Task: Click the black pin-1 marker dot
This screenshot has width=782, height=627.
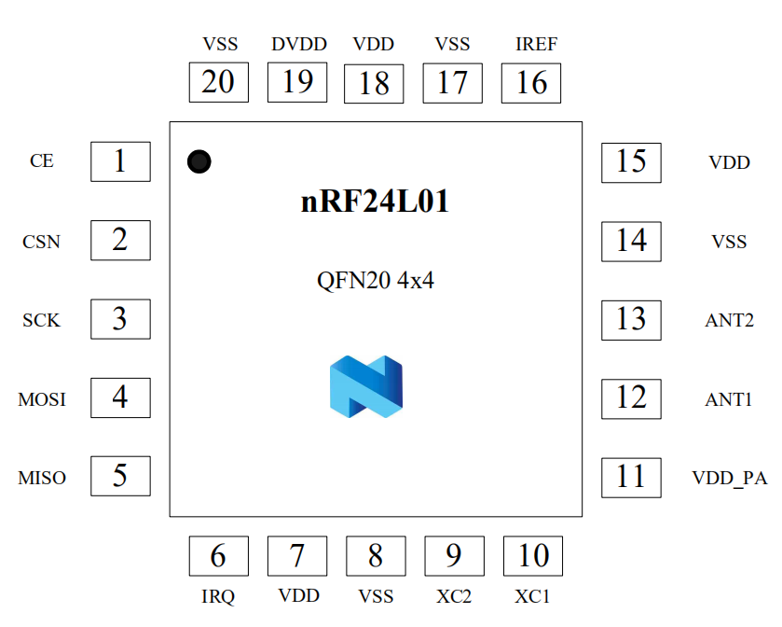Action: (199, 161)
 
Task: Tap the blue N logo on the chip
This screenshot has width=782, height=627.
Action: (365, 385)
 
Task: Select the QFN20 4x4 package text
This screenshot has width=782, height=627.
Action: (376, 280)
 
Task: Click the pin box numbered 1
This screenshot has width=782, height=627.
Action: (120, 162)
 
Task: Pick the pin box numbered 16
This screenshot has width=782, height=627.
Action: (531, 83)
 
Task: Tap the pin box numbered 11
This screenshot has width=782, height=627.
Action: (631, 477)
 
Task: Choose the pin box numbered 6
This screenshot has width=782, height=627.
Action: (218, 556)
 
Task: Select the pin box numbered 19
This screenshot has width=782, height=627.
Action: (297, 82)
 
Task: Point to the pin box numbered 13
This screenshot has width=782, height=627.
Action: (631, 319)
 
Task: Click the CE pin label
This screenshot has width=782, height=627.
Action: (42, 161)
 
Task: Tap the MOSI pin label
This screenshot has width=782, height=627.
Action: (42, 399)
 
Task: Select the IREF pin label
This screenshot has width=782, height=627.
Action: (536, 44)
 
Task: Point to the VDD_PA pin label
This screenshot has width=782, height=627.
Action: (729, 478)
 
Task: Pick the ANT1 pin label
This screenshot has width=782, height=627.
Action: (729, 399)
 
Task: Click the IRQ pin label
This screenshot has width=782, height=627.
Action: (218, 596)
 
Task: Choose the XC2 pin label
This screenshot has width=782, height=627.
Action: (454, 596)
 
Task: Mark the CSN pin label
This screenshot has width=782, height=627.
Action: (42, 242)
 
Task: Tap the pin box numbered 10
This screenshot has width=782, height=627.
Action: (533, 556)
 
